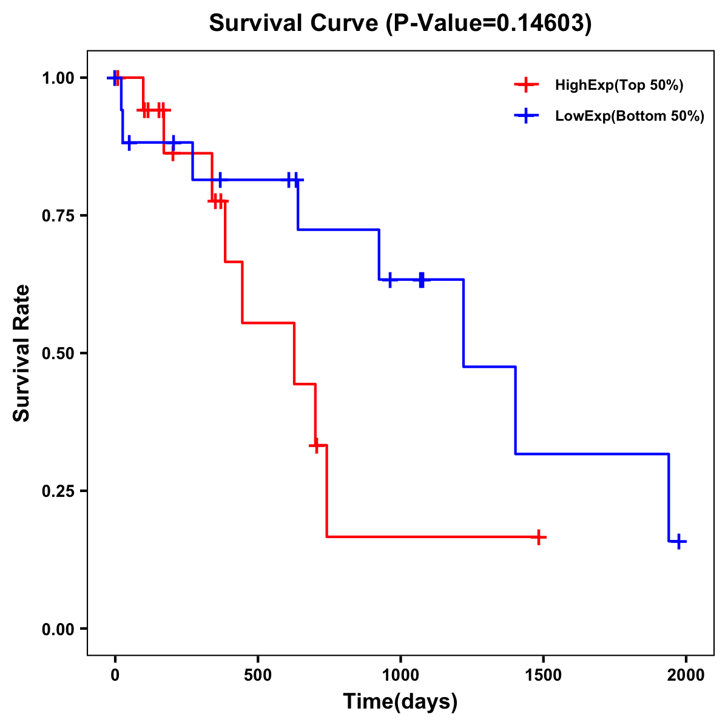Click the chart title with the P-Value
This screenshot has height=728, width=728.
(x=400, y=24)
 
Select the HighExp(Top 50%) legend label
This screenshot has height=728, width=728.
(x=619, y=86)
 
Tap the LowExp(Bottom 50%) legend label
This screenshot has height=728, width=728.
(x=630, y=116)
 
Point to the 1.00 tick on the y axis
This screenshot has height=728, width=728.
(x=58, y=78)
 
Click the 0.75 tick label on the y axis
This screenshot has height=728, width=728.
(x=58, y=216)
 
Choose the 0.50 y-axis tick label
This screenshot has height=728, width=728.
(x=58, y=354)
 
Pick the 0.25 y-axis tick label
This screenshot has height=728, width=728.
(x=58, y=491)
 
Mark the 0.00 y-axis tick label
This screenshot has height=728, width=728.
(x=58, y=629)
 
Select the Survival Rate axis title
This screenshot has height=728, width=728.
(x=22, y=353)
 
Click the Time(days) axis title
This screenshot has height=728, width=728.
(x=400, y=702)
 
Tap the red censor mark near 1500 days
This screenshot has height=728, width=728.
(x=538, y=537)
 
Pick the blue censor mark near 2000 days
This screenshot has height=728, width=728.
(x=679, y=541)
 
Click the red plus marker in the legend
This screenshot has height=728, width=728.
(x=526, y=85)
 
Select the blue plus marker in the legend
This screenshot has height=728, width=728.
(x=526, y=116)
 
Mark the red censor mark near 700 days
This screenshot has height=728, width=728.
(x=315, y=445)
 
